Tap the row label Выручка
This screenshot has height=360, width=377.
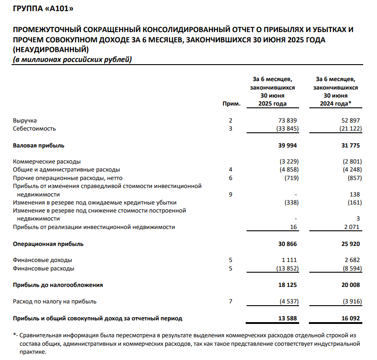coord(25,121)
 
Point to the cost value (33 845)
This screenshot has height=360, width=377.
coord(285,129)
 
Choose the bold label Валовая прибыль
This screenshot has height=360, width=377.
coord(39,145)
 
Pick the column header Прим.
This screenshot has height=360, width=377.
coord(234,104)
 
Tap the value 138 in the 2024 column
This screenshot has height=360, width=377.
coord(355,194)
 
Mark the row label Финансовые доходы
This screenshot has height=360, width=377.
coord(43,260)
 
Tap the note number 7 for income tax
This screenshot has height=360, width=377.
coord(230,301)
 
